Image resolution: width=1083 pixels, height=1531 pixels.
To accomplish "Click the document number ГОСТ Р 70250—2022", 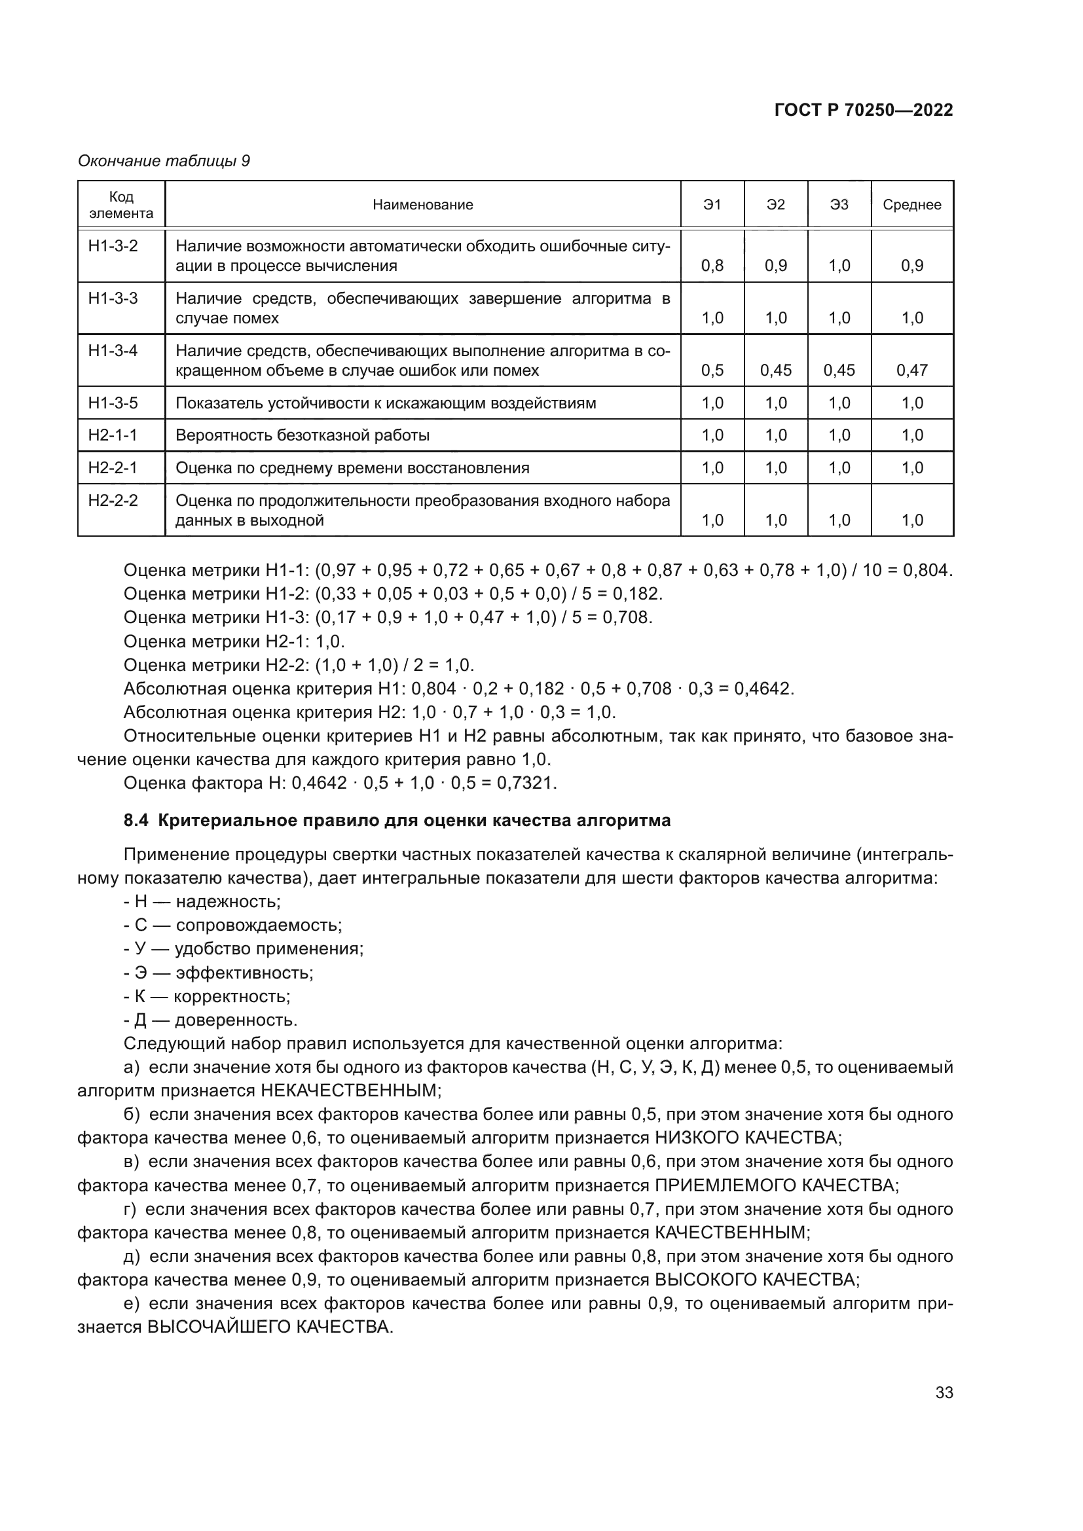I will pyautogui.click(x=863, y=111).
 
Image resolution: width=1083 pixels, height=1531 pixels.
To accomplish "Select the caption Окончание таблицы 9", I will pyautogui.click(x=164, y=161).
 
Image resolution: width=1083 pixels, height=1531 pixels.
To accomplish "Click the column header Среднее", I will pyautogui.click(x=911, y=205).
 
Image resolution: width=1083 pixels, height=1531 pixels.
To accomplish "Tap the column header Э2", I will pyautogui.click(x=775, y=205).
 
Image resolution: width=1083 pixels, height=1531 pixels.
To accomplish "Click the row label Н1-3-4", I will pyautogui.click(x=113, y=350).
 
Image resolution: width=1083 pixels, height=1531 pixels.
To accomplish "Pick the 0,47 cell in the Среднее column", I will pyautogui.click(x=911, y=370).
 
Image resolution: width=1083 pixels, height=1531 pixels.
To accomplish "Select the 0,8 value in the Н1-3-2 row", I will pyautogui.click(x=712, y=266).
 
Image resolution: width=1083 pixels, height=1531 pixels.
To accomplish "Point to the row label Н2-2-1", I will pyautogui.click(x=113, y=468).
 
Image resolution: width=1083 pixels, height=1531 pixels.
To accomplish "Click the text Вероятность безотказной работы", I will pyautogui.click(x=302, y=435).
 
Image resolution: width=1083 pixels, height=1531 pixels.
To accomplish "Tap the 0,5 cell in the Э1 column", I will pyautogui.click(x=712, y=370).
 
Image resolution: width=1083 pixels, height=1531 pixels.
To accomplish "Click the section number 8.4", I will pyautogui.click(x=136, y=820).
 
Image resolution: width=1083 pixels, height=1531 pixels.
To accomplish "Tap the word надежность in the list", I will pyautogui.click(x=228, y=901).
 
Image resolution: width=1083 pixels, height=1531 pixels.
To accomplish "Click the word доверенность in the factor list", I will pyautogui.click(x=236, y=1020).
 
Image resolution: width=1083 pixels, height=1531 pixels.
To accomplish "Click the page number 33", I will pyautogui.click(x=944, y=1393).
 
